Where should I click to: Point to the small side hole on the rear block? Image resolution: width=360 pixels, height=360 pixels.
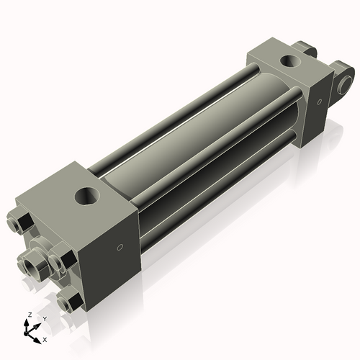pos(316,103)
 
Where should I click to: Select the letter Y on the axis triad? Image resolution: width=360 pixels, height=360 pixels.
pos(44,318)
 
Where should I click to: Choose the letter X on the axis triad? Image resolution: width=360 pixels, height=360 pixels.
pos(45,338)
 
